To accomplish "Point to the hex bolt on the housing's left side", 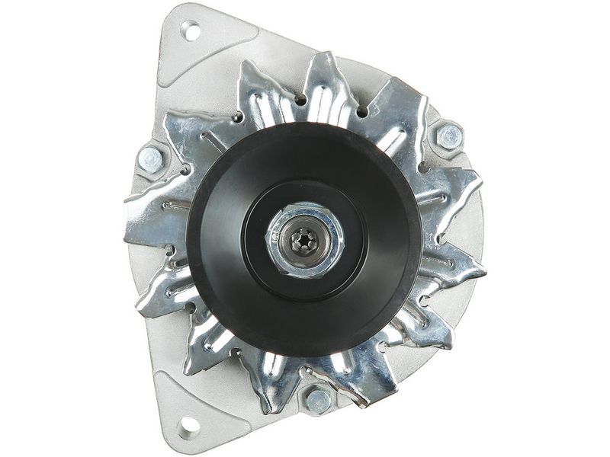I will (152, 158).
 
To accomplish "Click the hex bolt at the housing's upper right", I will (448, 136).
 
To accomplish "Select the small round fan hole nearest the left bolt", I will (188, 165).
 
